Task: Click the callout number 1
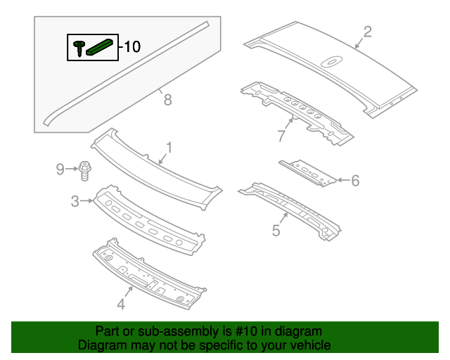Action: (169, 147)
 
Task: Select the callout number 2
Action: (367, 31)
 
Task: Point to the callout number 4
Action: (121, 304)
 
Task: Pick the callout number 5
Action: (276, 230)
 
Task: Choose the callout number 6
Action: (355, 181)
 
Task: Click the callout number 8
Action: (167, 100)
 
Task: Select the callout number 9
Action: (60, 169)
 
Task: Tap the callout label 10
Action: (132, 47)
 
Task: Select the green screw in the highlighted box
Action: (77, 48)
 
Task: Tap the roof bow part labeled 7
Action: (295, 109)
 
